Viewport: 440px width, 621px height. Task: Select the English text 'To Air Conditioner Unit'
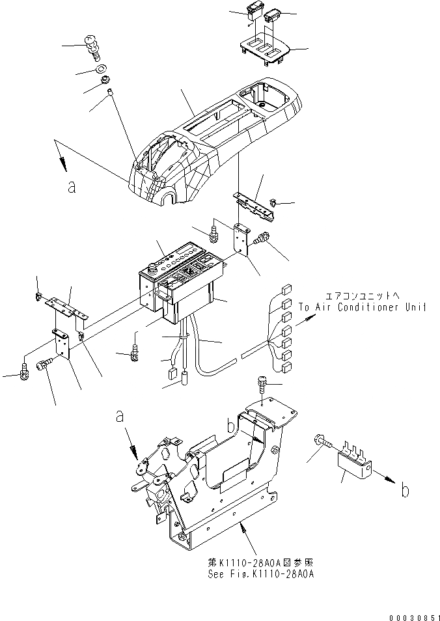[x=363, y=308]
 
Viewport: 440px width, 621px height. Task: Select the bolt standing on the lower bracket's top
[x=262, y=386]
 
